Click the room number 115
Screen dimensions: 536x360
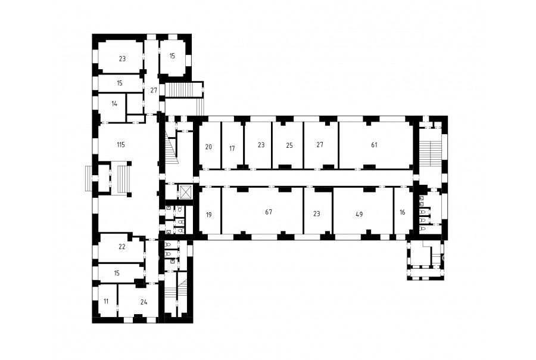pos(121,145)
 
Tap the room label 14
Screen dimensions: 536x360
pos(114,104)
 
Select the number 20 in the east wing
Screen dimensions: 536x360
pos(208,147)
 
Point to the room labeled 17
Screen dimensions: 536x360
pos(232,148)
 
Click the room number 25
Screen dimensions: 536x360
pos(289,145)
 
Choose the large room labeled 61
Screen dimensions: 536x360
pos(374,145)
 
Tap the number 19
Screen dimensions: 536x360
pos(209,215)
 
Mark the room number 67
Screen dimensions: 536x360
pos(269,212)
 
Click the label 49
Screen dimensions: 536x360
pos(359,215)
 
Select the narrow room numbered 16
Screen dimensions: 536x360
pos(403,212)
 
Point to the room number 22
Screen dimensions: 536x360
pos(122,247)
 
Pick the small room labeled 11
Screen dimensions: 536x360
pos(106,302)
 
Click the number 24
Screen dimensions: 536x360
pos(144,302)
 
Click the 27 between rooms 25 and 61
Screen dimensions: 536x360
pos(320,145)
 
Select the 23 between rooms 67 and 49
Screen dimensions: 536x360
pos(317,214)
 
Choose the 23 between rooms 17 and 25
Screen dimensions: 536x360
pos(261,145)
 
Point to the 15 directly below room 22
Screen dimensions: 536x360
pos(117,273)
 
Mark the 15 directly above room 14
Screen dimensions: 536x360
pos(120,83)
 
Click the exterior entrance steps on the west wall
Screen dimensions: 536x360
pos(89,178)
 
